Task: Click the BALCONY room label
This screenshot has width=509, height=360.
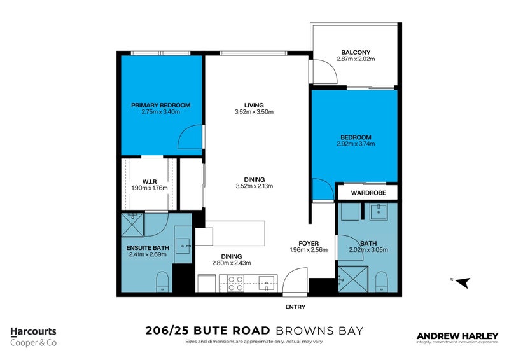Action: (356, 52)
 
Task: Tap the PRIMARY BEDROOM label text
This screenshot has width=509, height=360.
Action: (161, 105)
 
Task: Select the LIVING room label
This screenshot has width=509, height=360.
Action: (254, 105)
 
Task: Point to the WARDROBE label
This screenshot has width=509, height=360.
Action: (366, 191)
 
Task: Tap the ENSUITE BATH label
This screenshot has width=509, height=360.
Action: (147, 247)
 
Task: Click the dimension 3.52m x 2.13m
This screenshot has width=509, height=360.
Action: (254, 186)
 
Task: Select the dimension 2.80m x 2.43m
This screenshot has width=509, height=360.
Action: (232, 263)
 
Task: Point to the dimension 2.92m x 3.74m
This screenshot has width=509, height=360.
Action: (356, 144)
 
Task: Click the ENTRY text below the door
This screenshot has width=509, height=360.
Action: (296, 307)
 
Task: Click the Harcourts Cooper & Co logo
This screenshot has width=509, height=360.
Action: (34, 336)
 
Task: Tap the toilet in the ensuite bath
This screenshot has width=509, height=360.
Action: (162, 282)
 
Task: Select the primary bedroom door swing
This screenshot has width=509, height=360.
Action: (191, 137)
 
